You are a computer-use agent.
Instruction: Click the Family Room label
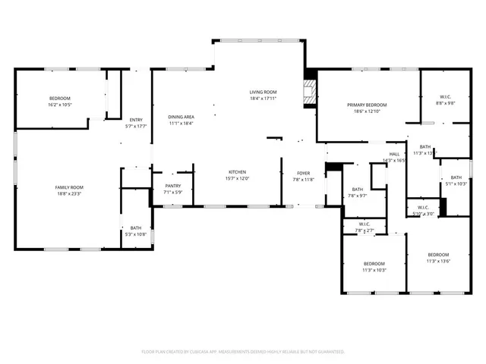[68, 187]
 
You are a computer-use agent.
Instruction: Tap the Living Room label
[263, 93]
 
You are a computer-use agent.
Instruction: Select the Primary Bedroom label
[367, 105]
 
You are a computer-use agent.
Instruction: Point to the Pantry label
[172, 186]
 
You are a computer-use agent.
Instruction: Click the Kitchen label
[236, 172]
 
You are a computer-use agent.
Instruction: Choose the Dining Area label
[181, 117]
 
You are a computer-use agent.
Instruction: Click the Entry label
[135, 120]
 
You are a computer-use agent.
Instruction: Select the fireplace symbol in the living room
[308, 92]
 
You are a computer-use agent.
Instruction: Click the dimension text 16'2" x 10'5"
[60, 105]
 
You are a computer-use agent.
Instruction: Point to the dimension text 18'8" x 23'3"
[68, 193]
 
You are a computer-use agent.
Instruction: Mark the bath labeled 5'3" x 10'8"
[135, 227]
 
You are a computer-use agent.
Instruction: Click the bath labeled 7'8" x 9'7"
[357, 190]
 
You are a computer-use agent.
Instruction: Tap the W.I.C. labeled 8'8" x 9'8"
[446, 97]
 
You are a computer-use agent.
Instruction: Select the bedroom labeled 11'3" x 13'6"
[438, 255]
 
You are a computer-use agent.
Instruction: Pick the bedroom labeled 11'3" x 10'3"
[374, 264]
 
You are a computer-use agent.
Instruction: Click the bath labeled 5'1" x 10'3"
[456, 177]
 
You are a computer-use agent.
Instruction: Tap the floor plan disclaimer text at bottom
[243, 352]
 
